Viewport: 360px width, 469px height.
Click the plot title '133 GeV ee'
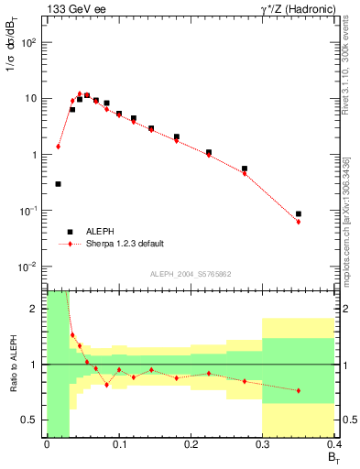[74, 8]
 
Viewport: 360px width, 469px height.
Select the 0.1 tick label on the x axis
[118, 445]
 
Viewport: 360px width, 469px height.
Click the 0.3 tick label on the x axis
[262, 445]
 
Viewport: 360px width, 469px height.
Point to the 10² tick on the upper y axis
[31, 42]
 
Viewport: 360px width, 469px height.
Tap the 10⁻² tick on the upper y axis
[31, 267]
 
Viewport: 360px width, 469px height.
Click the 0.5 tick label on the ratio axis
[32, 420]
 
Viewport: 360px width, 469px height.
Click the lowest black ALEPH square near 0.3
[58, 184]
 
